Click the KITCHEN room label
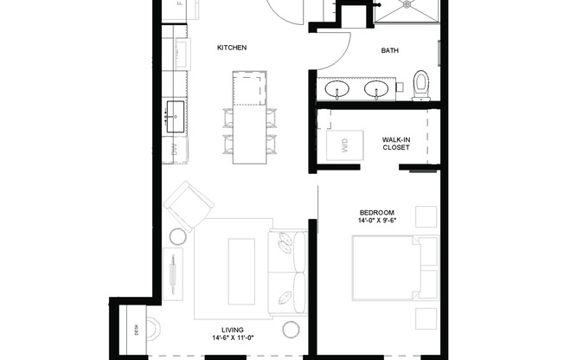click(x=232, y=48)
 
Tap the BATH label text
click(x=390, y=50)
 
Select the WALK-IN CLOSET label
click(x=396, y=143)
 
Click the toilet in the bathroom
click(x=422, y=84)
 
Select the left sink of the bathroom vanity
click(x=336, y=88)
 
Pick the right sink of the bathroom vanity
click(x=376, y=88)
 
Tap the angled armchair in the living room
click(x=189, y=207)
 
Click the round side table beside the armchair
click(x=176, y=236)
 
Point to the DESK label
click(x=135, y=328)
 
